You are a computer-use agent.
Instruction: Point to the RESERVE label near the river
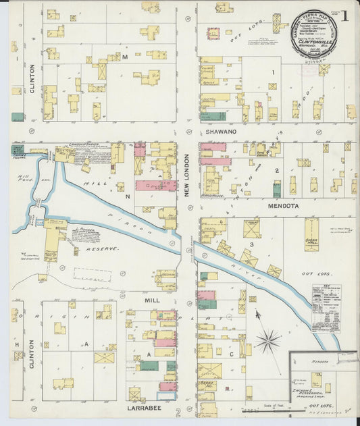click(x=101, y=248)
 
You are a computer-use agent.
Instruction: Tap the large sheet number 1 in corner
click(x=346, y=15)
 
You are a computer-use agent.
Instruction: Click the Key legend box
click(x=326, y=308)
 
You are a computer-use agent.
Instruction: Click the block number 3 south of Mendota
click(x=251, y=244)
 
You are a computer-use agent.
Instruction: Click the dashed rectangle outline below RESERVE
click(x=93, y=275)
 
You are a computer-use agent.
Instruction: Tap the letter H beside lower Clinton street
click(x=15, y=342)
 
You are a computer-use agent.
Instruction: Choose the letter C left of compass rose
click(x=231, y=353)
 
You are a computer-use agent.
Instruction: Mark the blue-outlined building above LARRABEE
click(x=166, y=396)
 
